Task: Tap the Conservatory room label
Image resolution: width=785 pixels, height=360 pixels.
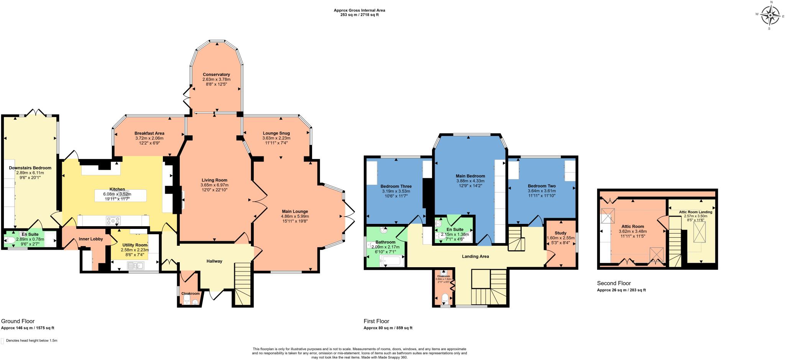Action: (216, 74)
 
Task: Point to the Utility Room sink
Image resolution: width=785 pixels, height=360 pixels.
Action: (135, 265)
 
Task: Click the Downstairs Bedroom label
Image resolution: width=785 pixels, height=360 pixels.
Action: (30, 168)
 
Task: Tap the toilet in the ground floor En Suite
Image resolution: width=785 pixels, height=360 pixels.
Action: (10, 240)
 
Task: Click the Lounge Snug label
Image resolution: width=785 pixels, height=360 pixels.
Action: (276, 133)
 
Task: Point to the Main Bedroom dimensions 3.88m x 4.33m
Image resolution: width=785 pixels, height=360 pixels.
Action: (470, 181)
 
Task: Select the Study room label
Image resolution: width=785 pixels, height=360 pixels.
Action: (560, 233)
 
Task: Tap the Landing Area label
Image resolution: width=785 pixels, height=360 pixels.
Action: (476, 256)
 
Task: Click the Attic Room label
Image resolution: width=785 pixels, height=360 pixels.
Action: (632, 227)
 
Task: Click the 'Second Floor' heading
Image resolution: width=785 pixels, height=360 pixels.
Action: (614, 283)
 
